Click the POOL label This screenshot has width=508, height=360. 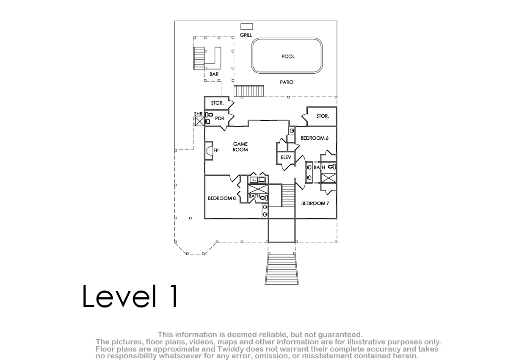coord(288,56)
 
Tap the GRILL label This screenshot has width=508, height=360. coord(246,35)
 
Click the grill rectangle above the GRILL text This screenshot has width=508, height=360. coord(247,27)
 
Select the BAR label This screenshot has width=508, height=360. coord(214,74)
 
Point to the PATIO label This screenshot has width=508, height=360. coord(287,82)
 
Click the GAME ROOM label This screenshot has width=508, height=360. coord(240,147)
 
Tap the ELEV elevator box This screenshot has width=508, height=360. coord(286,158)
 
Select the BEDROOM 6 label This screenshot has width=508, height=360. coord(315,138)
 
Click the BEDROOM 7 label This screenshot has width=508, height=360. coord(315,203)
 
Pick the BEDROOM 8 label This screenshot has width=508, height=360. coord(222,198)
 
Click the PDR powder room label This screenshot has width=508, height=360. coord(220,119)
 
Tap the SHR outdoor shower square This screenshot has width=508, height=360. coord(199,122)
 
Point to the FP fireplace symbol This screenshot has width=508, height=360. coord(209,151)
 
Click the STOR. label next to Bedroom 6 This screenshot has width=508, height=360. coord(323,116)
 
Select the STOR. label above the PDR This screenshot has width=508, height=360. coord(217,103)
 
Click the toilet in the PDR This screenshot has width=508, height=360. coord(209,115)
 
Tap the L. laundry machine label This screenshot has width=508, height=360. coord(254,180)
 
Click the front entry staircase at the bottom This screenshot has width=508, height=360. coord(282,269)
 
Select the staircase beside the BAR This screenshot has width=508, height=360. coord(199,58)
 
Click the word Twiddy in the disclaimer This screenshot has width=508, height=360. coord(231,349)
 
